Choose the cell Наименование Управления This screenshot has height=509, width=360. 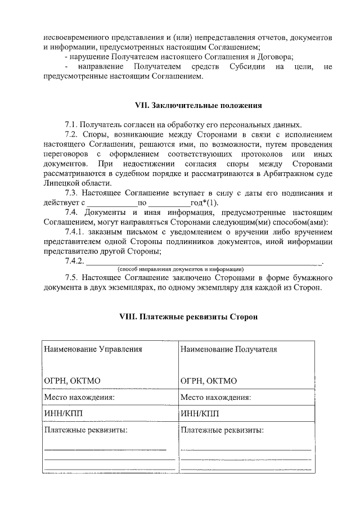(93, 349)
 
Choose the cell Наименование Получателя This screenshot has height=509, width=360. (229, 349)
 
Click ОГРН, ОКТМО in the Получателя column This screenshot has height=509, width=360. (209, 381)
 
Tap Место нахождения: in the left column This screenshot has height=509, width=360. (79, 397)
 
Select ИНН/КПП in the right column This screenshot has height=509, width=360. (200, 414)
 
